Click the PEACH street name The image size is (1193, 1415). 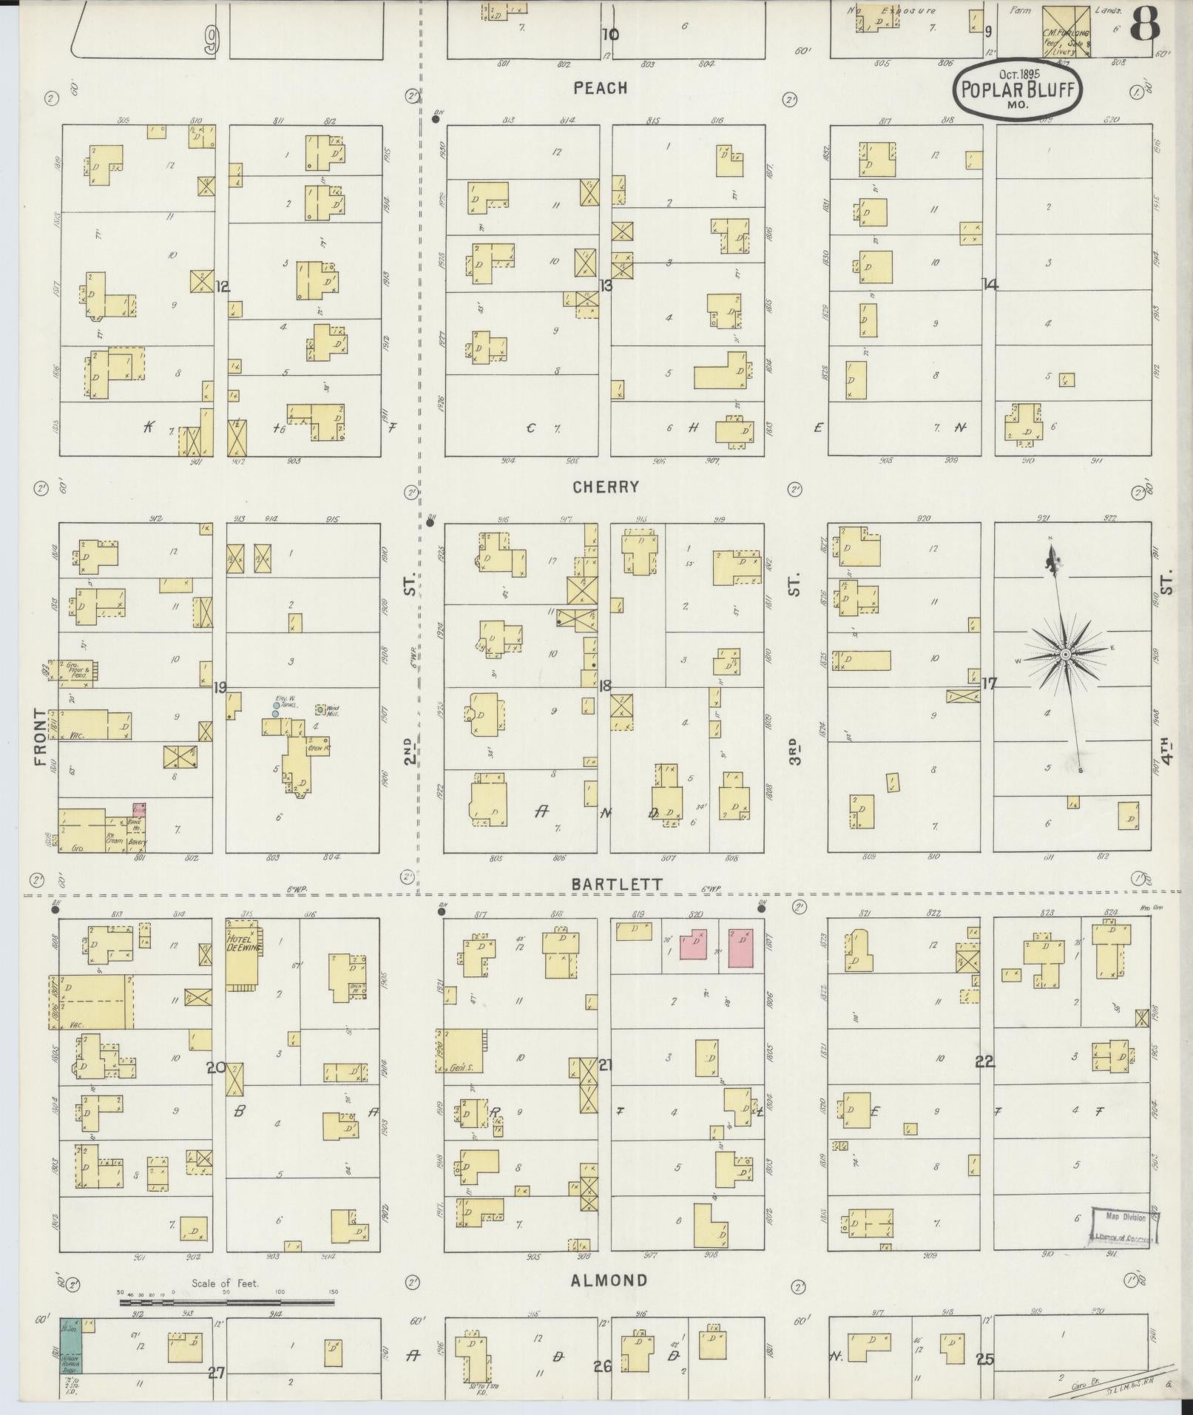[x=600, y=88]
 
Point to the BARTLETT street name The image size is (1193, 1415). [x=616, y=885]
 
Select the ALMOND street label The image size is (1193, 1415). [x=610, y=1280]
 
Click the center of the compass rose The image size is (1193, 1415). [x=1064, y=655]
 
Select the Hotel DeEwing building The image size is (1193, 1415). [x=242, y=955]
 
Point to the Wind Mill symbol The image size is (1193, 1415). [x=320, y=709]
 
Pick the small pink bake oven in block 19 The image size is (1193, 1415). [x=138, y=809]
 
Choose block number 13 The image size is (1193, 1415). [x=606, y=286]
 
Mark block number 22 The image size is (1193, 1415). [x=984, y=1062]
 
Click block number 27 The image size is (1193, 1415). [x=215, y=1373]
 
